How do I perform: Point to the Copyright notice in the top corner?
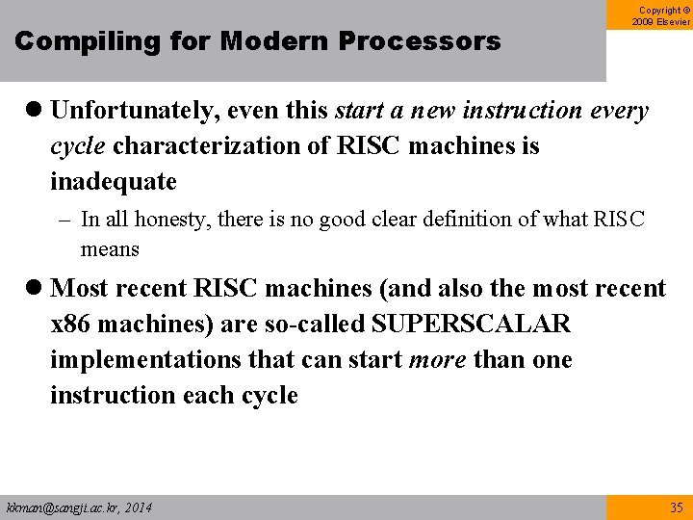(661, 15)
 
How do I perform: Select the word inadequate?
(114, 182)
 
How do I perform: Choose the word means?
(110, 249)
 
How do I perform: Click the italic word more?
(439, 360)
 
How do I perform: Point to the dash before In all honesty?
(66, 220)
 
